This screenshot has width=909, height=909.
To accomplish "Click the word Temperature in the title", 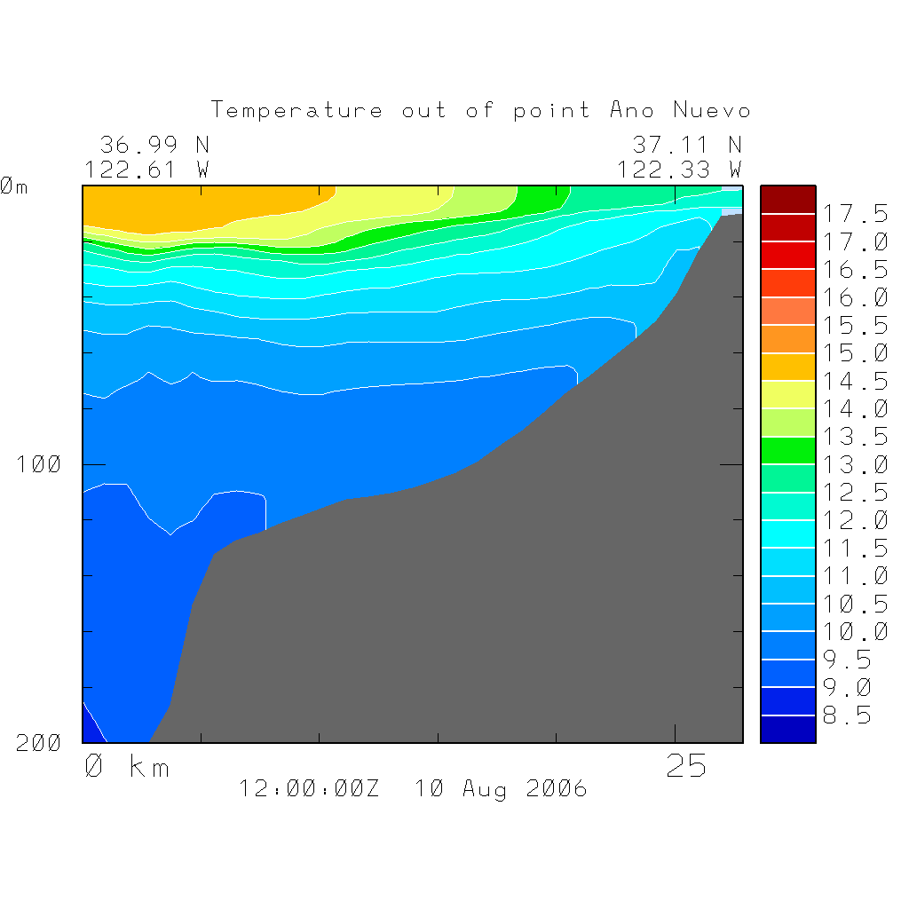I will [x=297, y=110].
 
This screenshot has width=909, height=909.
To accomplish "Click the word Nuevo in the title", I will [x=712, y=110].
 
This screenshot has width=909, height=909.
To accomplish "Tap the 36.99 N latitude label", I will [x=154, y=144].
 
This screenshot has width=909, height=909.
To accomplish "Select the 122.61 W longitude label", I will [x=147, y=169].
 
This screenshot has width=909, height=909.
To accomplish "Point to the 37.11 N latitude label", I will [x=687, y=144].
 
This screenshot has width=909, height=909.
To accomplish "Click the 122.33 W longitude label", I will [x=680, y=169].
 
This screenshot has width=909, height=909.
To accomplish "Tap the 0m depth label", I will [x=13, y=186].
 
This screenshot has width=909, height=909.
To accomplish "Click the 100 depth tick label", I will [x=38, y=464].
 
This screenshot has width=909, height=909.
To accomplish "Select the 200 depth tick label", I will [x=38, y=744].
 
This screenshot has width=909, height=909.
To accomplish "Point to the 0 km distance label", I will [x=127, y=766].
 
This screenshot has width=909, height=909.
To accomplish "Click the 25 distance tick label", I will [x=686, y=766].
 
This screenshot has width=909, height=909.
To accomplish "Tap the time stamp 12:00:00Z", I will [x=309, y=788].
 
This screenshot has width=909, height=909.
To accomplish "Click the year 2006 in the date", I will [x=556, y=788].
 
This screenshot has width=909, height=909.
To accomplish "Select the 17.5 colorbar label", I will [x=853, y=214].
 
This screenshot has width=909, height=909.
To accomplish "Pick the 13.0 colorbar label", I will [x=853, y=465].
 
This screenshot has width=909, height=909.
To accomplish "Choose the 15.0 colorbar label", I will [x=853, y=353].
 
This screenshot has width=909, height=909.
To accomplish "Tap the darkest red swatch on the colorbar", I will [x=787, y=200].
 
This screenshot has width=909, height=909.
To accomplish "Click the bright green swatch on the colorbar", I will [x=787, y=451].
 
